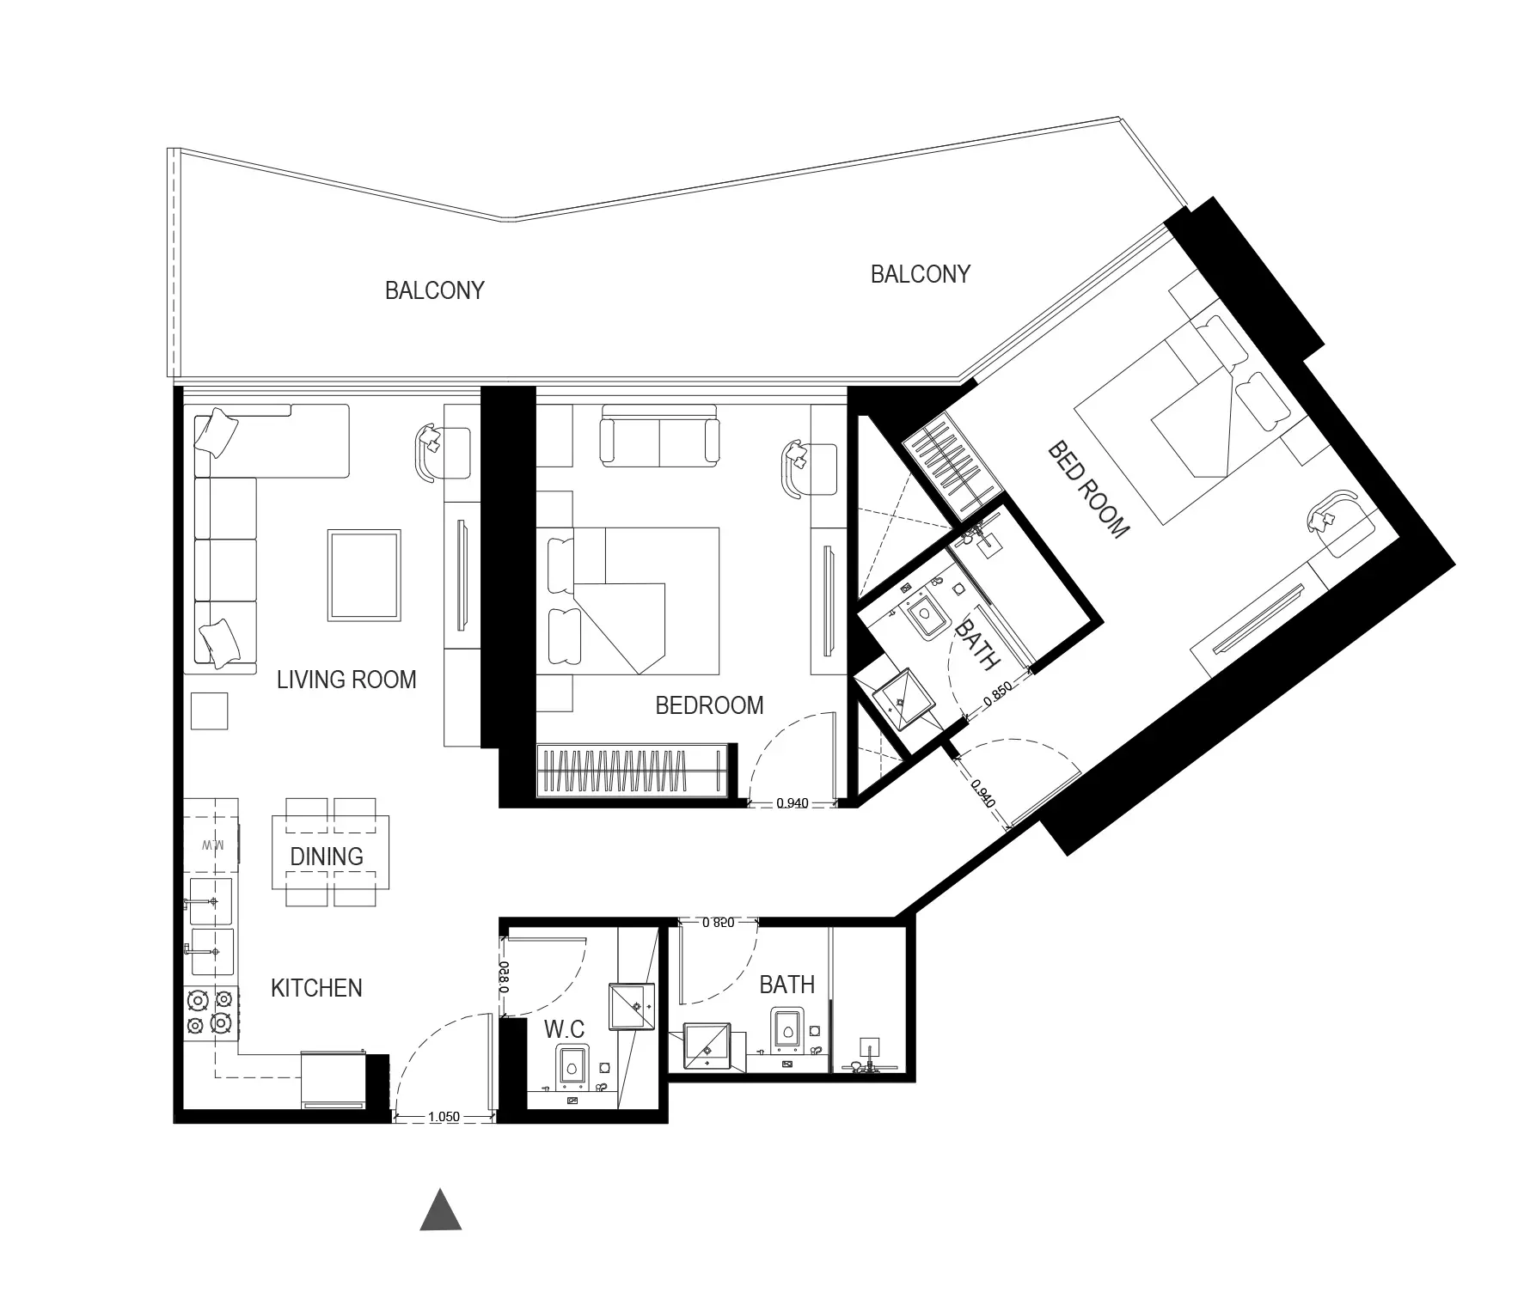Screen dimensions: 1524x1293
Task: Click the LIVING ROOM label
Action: (x=346, y=680)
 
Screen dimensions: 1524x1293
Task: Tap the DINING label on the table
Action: (x=327, y=857)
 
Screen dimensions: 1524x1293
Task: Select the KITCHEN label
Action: (x=316, y=988)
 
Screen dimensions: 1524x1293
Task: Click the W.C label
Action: (x=565, y=1028)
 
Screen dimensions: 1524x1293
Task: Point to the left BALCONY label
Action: (x=435, y=290)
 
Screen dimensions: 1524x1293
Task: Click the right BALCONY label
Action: (x=921, y=274)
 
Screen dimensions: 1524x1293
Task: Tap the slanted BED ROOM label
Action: (x=1087, y=490)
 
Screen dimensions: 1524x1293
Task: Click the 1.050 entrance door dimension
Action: (x=444, y=1118)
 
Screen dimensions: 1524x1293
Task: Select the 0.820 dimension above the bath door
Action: (x=719, y=923)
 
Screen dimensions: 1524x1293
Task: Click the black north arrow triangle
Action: (x=441, y=1211)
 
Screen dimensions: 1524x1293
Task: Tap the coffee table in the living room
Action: (x=364, y=575)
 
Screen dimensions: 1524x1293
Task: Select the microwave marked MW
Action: (x=212, y=845)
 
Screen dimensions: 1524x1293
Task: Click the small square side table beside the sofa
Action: (x=210, y=711)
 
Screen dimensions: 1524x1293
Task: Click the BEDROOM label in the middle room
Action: (x=709, y=705)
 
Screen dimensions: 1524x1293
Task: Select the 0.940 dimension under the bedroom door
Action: (x=792, y=803)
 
